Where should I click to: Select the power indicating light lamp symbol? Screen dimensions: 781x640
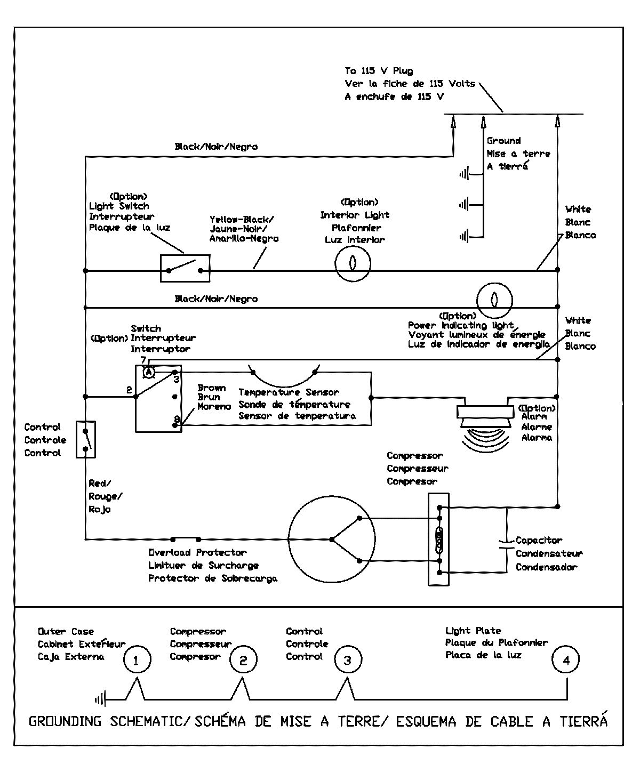pyautogui.click(x=494, y=300)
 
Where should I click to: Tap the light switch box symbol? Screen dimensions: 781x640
pyautogui.click(x=185, y=268)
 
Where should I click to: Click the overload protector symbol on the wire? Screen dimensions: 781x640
pyautogui.click(x=186, y=538)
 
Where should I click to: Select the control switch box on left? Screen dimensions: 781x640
pyautogui.click(x=85, y=439)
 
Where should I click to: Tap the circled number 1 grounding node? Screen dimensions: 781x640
pyautogui.click(x=136, y=661)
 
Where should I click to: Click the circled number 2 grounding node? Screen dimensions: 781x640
pyautogui.click(x=243, y=661)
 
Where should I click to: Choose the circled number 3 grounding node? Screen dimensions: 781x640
pyautogui.click(x=348, y=661)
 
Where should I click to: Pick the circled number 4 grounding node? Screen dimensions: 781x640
pyautogui.click(x=566, y=661)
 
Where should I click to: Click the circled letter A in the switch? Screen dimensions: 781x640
pyautogui.click(x=149, y=371)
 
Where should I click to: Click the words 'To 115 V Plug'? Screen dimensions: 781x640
pyautogui.click(x=378, y=71)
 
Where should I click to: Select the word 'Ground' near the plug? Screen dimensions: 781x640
pyautogui.click(x=503, y=141)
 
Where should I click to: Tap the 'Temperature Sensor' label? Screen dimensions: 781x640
pyautogui.click(x=289, y=392)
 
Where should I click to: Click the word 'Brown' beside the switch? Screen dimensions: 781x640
pyautogui.click(x=212, y=388)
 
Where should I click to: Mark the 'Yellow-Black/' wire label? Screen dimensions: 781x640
pyautogui.click(x=242, y=219)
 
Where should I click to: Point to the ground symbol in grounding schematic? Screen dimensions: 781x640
pyautogui.click(x=101, y=699)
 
